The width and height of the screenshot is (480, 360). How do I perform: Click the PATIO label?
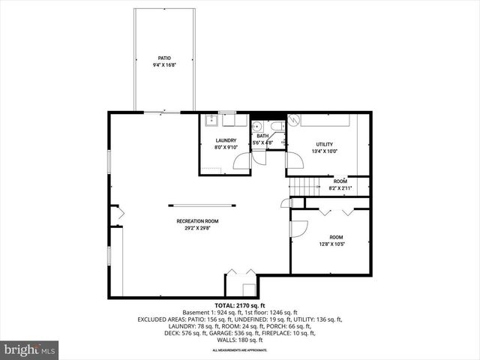pyautogui.click(x=163, y=58)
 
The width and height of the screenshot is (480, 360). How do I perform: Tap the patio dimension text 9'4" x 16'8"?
pyautogui.click(x=163, y=65)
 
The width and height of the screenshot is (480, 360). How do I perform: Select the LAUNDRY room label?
pyautogui.click(x=226, y=140)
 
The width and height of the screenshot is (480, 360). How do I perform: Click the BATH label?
pyautogui.click(x=262, y=136)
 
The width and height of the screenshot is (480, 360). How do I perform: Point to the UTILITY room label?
pyautogui.click(x=324, y=144)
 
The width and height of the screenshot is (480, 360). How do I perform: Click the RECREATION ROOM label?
pyautogui.click(x=197, y=221)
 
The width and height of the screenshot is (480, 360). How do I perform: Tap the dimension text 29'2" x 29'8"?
pyautogui.click(x=197, y=229)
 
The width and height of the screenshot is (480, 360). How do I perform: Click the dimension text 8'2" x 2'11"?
pyautogui.click(x=340, y=188)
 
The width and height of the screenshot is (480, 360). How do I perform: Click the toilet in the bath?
pyautogui.click(x=274, y=126)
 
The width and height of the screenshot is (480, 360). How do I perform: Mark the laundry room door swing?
pyautogui.click(x=243, y=160)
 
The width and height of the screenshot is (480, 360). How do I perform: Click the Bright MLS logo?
pyautogui.click(x=30, y=349)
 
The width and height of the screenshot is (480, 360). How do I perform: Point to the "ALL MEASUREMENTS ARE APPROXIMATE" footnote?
pyautogui.click(x=239, y=350)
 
